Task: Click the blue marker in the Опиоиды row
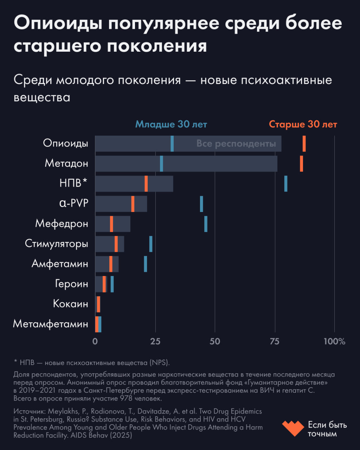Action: pos(172,144)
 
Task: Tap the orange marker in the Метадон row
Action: pos(301,163)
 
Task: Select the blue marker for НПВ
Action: pos(286,184)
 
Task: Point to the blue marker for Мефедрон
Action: pos(206,224)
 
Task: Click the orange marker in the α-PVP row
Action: pos(133,204)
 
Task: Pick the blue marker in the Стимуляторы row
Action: pos(151,244)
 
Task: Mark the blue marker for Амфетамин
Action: pos(145,264)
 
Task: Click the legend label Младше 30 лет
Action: pos(171,124)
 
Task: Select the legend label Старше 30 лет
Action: pos(303,124)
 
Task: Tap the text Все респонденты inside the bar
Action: pos(236,144)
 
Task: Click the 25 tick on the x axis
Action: pos(155,342)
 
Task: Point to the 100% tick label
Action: pos(334,342)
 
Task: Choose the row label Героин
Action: pos(71,284)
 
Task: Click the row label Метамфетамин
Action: pos(51,324)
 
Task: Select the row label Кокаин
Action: pos(70,304)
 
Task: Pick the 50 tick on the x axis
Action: pos(215,342)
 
